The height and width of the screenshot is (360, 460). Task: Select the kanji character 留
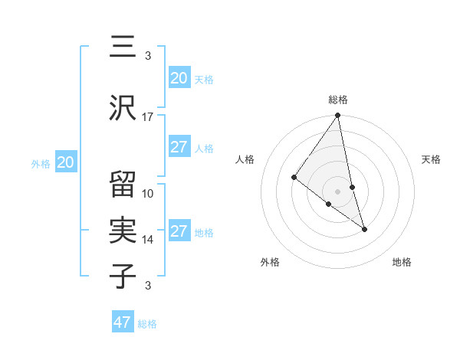click(x=123, y=185)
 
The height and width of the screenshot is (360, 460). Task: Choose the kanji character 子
click(x=123, y=276)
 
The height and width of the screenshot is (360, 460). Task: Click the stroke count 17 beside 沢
click(x=148, y=117)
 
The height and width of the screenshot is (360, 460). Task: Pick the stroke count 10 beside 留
click(x=148, y=193)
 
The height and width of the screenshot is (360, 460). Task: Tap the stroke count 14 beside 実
click(x=148, y=240)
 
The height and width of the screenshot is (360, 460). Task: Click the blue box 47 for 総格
click(x=123, y=322)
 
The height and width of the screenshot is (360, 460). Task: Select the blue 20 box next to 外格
click(x=66, y=162)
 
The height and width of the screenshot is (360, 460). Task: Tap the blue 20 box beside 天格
click(x=179, y=78)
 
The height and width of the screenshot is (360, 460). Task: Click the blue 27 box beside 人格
click(x=179, y=147)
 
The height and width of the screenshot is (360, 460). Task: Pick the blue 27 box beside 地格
click(x=179, y=231)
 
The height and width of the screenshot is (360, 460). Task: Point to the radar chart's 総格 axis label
click(x=338, y=100)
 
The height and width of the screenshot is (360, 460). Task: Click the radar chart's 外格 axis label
click(x=270, y=262)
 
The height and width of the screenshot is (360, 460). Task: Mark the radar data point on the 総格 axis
click(x=337, y=116)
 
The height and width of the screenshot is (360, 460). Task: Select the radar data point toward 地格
click(x=364, y=229)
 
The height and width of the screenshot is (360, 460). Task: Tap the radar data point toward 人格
click(x=294, y=178)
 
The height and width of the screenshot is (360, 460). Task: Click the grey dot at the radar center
click(x=337, y=191)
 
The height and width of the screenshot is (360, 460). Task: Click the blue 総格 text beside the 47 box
click(x=147, y=324)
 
